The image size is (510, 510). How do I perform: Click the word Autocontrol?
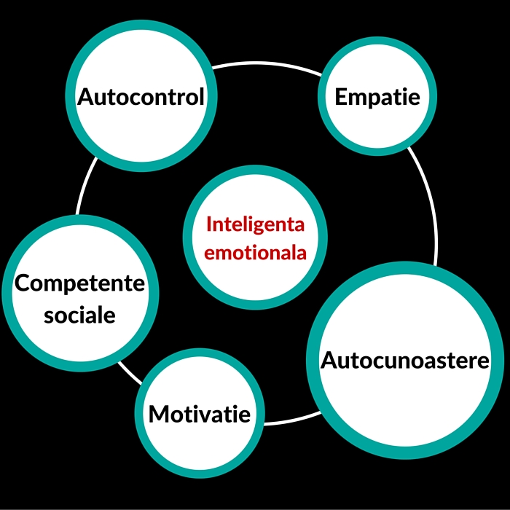(141, 97)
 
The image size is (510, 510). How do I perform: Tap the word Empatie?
(377, 97)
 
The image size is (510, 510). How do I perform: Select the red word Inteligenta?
(255, 224)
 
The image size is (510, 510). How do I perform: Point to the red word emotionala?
(255, 253)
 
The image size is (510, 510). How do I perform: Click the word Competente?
(80, 283)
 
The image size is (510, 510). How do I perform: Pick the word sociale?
(79, 315)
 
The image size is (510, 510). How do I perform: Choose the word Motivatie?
(200, 415)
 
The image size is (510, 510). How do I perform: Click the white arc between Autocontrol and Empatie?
(266, 65)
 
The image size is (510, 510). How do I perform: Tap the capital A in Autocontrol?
(87, 97)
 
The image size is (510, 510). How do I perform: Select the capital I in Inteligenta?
(209, 224)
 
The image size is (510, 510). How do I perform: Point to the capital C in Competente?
(23, 283)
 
